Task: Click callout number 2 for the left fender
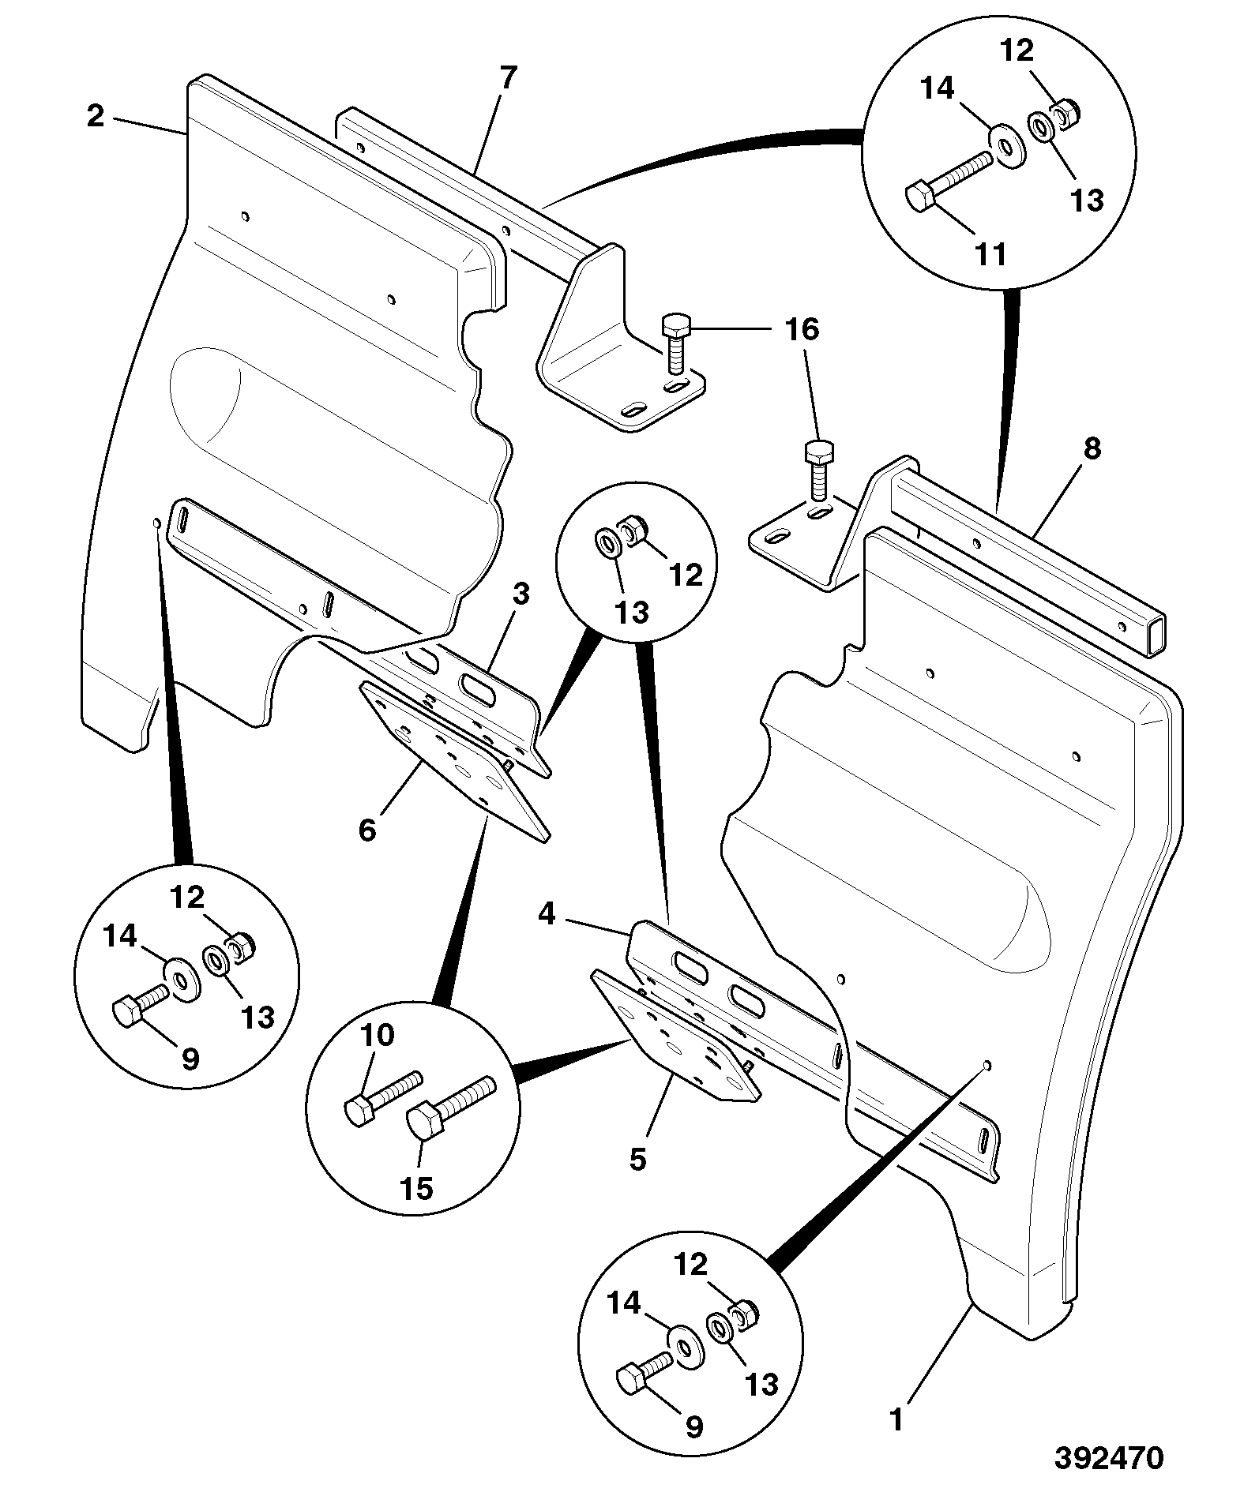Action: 96,117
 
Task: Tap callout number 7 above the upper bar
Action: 508,77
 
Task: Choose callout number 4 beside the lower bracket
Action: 547,914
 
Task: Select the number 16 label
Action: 802,329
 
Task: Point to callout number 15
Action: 417,1210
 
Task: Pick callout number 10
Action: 378,1034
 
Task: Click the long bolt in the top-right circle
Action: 947,181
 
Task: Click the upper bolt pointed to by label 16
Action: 676,343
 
